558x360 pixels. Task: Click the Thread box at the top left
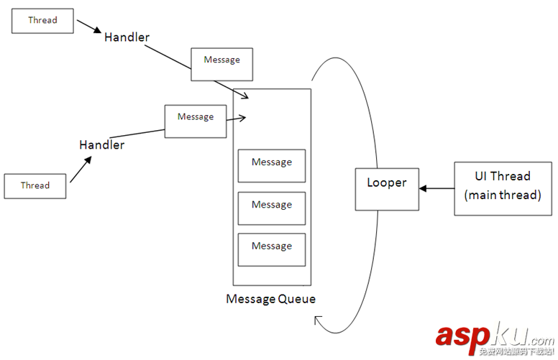pyautogui.click(x=42, y=20)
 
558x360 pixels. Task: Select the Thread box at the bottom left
pyautogui.click(x=35, y=185)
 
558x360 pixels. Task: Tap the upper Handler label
pyautogui.click(x=127, y=37)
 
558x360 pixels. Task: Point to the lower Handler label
pyautogui.click(x=101, y=145)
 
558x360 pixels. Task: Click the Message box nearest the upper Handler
pyautogui.click(x=221, y=60)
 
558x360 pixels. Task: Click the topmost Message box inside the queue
pyautogui.click(x=272, y=165)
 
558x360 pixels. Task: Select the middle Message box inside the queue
pyautogui.click(x=272, y=208)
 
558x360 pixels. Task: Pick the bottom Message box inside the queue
pyautogui.click(x=272, y=249)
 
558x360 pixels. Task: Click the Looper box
pyautogui.click(x=387, y=189)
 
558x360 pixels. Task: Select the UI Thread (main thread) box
pyautogui.click(x=503, y=185)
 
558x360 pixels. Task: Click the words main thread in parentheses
pyautogui.click(x=503, y=194)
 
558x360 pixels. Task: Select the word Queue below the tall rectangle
pyautogui.click(x=296, y=299)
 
